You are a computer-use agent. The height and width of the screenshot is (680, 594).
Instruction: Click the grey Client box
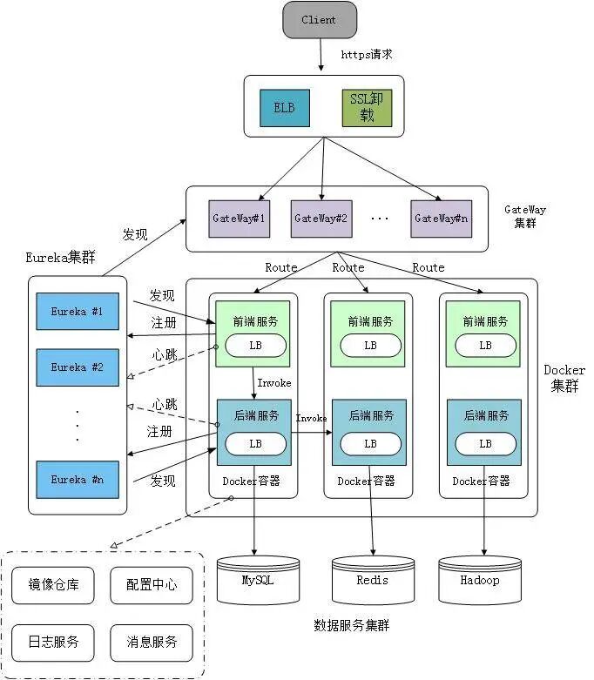click(x=319, y=19)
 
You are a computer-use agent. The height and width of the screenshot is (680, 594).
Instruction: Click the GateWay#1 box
click(x=238, y=219)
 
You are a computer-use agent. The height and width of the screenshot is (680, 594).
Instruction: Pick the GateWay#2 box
click(x=321, y=219)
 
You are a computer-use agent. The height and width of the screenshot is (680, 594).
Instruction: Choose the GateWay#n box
click(x=441, y=219)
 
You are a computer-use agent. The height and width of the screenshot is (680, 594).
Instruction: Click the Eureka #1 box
click(x=77, y=311)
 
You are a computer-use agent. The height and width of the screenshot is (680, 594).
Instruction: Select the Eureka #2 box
click(x=77, y=367)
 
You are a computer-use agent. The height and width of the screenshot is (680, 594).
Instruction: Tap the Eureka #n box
click(x=77, y=480)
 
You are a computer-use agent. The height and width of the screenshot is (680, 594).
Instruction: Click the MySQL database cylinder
click(x=257, y=581)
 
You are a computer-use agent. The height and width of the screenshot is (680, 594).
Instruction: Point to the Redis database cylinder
click(x=372, y=581)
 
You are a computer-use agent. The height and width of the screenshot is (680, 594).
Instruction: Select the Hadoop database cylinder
click(x=480, y=581)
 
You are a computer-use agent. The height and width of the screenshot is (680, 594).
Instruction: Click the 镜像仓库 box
click(x=54, y=585)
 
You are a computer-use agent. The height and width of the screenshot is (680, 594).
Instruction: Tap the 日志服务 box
click(x=54, y=642)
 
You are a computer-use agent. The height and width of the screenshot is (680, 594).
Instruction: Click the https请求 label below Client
click(x=366, y=54)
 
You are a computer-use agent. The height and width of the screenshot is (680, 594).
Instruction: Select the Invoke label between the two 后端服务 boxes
click(x=311, y=419)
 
